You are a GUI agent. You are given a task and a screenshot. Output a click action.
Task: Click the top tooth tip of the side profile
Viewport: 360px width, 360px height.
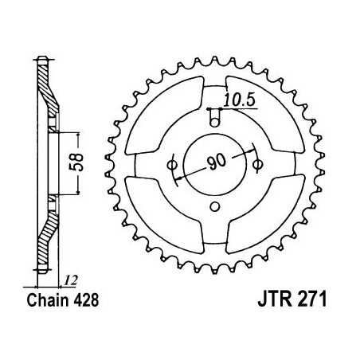click(x=43, y=60)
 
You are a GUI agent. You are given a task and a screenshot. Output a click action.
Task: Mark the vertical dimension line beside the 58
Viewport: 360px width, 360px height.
click(x=77, y=162)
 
